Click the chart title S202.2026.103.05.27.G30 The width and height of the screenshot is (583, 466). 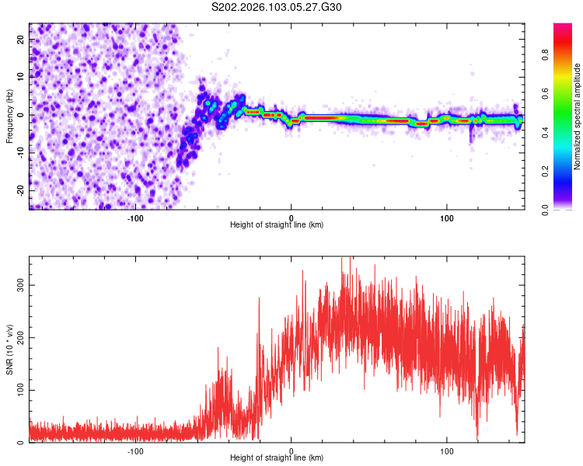277,7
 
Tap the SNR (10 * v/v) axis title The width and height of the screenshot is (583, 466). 10,349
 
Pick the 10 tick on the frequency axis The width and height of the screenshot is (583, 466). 21,77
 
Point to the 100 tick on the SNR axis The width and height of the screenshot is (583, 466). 19,390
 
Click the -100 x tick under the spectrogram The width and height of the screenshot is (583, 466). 135,217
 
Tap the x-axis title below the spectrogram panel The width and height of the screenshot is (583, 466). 277,225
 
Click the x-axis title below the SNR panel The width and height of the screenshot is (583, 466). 277,458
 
